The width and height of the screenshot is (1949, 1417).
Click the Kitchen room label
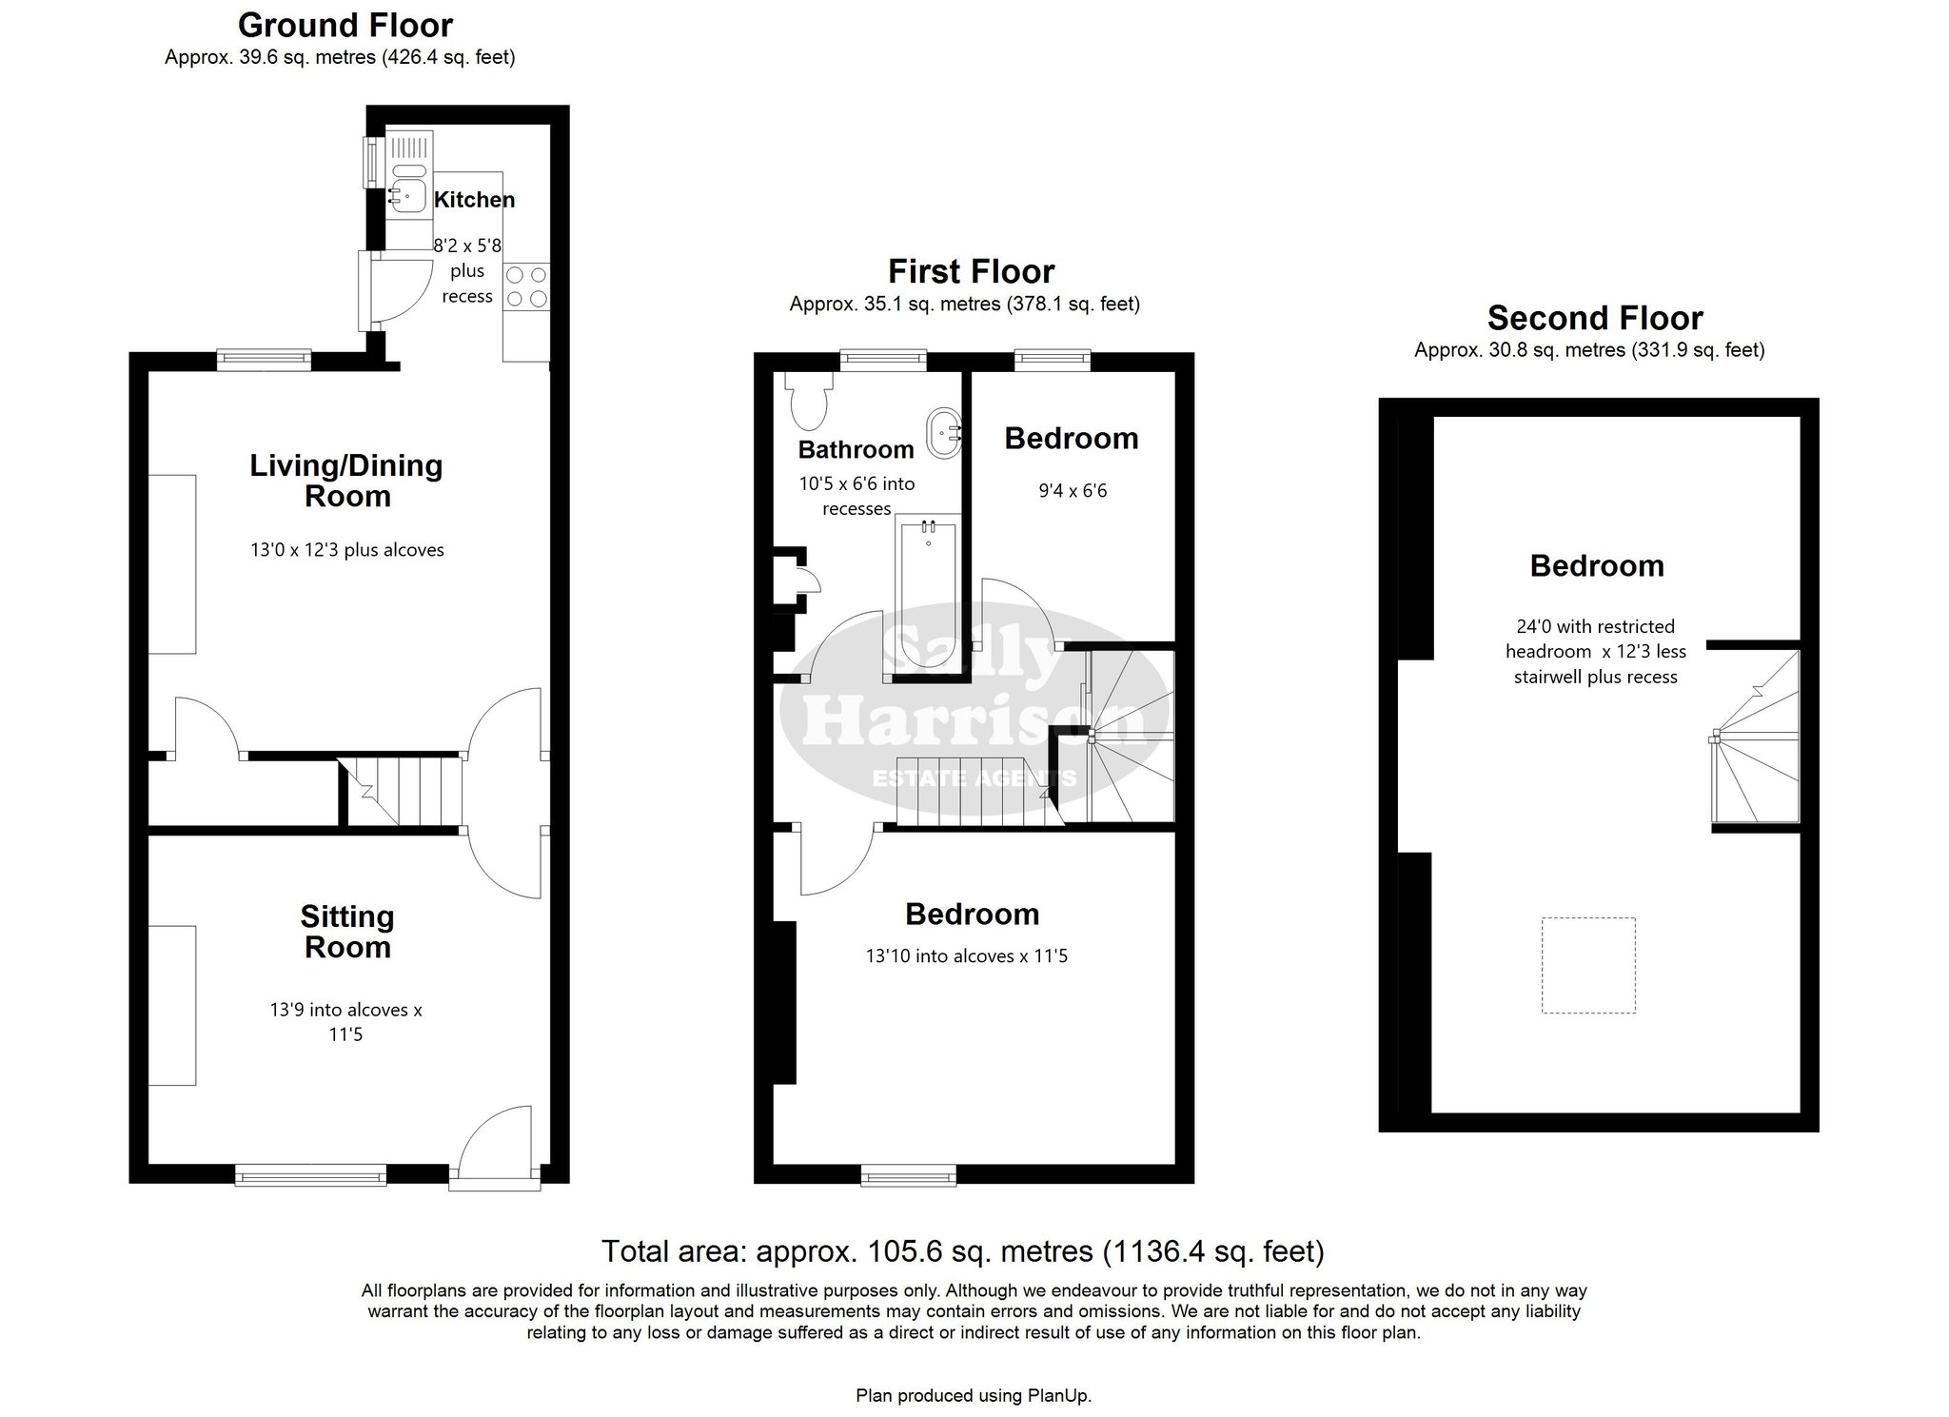474,200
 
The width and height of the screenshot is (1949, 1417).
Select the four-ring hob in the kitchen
527,286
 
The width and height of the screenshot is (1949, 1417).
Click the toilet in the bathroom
809,400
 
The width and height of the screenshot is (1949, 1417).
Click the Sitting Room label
346,932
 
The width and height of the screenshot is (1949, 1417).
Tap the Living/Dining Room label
346,481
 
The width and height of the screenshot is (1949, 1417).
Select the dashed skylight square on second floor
1588,965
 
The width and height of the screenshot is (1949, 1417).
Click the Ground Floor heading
345,25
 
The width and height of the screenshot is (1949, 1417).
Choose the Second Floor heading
1595,317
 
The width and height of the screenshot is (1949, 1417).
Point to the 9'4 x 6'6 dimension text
1073,491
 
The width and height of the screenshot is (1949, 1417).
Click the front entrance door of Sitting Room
495,1146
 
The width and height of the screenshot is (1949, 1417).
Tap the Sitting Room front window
311,1174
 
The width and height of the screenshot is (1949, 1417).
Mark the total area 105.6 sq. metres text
963,1250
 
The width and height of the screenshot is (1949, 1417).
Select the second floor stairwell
1756,737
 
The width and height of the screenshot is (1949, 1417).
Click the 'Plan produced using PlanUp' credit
974,1396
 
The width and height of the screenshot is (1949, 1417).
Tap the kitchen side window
370,163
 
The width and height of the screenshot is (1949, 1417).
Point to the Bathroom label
856,449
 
